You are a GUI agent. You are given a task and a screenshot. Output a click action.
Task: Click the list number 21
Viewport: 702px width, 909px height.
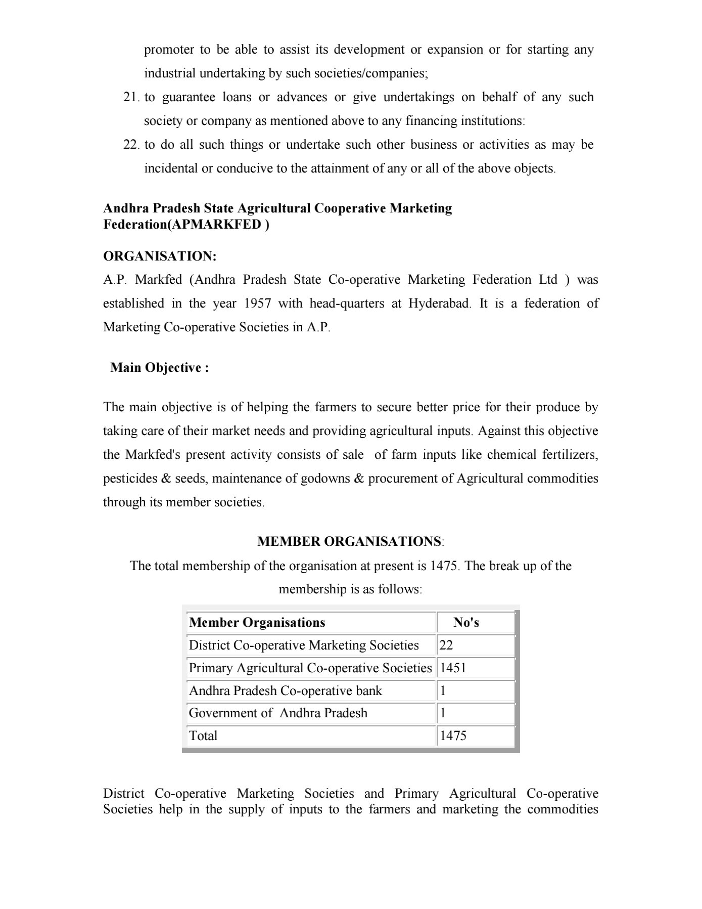tap(131, 97)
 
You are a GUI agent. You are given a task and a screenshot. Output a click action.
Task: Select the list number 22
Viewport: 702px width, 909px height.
tap(131, 145)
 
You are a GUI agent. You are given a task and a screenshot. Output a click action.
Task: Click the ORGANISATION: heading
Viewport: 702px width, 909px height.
tap(160, 256)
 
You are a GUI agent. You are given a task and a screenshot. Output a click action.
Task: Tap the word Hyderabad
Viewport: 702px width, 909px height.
tap(439, 304)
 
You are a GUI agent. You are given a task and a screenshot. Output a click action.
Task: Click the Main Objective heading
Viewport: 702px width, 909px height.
tap(160, 368)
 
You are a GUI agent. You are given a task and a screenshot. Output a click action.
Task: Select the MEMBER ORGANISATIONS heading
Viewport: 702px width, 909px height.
tap(350, 542)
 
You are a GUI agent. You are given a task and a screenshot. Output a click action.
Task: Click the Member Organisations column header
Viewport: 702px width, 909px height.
tap(257, 623)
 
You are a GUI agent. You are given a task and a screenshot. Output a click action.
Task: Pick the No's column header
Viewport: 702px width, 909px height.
tap(466, 623)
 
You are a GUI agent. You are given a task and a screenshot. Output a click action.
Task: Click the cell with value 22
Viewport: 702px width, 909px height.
tap(446, 645)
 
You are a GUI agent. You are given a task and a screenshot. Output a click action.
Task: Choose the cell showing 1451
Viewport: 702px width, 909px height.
tap(453, 668)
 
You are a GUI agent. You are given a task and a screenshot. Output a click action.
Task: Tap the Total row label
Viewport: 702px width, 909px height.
tap(203, 736)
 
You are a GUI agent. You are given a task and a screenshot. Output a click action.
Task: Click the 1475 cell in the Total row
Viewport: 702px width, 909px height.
tap(453, 736)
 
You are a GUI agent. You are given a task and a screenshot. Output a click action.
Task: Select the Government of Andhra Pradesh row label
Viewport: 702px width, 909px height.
tap(278, 713)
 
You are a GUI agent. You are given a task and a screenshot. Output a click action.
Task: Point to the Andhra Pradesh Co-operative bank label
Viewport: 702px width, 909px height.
tap(285, 691)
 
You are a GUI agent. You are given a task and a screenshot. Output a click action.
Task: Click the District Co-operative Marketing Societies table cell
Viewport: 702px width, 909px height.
tap(304, 645)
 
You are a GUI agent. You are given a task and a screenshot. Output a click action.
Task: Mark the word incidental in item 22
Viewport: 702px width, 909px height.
tap(171, 168)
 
